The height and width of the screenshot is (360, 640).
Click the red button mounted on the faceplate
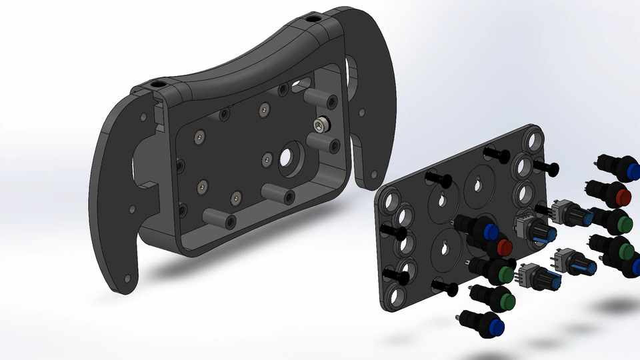[503, 248]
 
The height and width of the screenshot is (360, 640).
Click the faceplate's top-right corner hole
[535, 141]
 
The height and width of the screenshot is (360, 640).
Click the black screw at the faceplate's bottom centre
[445, 288]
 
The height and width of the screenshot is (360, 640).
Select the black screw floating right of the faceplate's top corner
[548, 167]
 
